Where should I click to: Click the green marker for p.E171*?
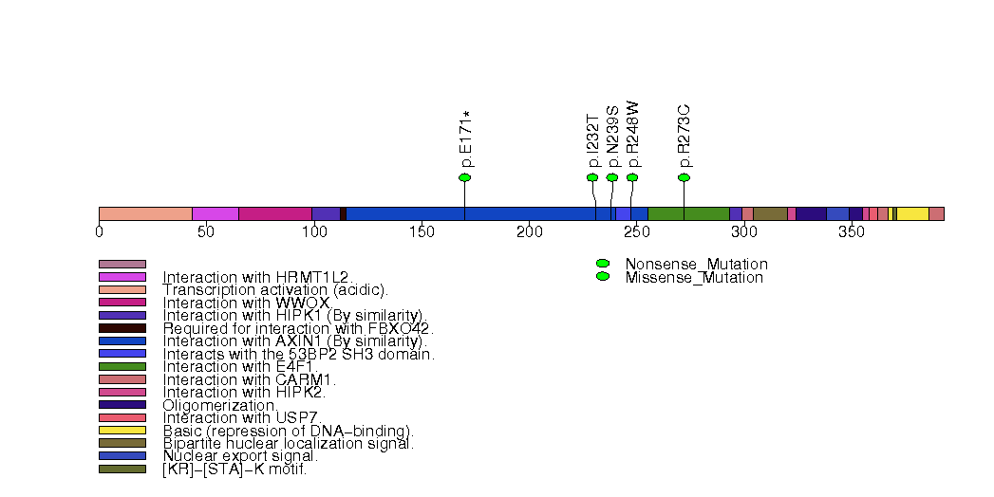point(464,177)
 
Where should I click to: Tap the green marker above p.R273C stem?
point(684,177)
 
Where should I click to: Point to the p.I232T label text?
point(593,138)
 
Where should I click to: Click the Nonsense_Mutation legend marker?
point(602,264)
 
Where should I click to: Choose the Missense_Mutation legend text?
point(694,278)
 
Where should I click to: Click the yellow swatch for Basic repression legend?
point(122,430)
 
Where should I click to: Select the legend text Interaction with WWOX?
point(245,303)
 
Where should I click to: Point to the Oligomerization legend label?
point(219,405)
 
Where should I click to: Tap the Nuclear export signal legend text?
point(239,456)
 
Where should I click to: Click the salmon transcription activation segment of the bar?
point(145,213)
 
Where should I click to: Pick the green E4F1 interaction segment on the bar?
point(687,213)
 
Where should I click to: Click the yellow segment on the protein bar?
point(912,213)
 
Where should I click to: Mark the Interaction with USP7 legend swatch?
point(122,417)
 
